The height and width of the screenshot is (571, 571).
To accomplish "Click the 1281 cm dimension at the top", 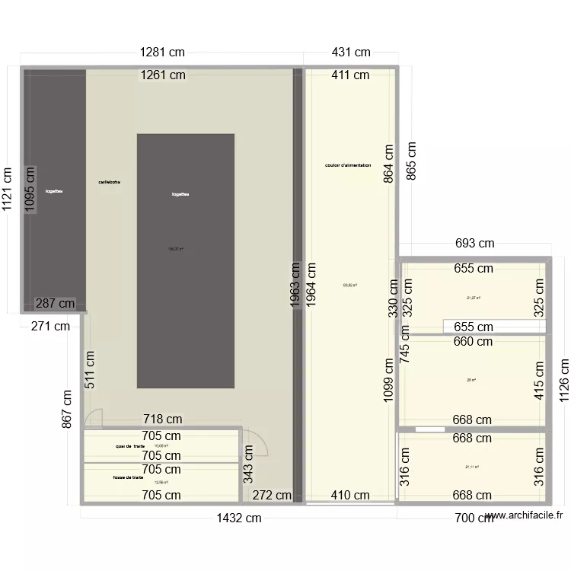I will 161,53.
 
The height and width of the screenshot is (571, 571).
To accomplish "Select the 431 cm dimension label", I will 351,53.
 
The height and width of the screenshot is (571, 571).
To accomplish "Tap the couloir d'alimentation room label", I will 348,165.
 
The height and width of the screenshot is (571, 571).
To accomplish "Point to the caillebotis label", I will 109,182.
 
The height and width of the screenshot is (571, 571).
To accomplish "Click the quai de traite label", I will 130,446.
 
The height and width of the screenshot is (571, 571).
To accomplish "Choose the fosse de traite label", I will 127,477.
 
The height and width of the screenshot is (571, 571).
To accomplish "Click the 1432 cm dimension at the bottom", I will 238,518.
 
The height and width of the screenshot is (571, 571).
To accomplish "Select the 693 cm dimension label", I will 474,244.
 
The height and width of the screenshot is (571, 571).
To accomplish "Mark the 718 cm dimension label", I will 163,419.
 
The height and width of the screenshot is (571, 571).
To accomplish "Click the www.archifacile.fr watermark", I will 525,515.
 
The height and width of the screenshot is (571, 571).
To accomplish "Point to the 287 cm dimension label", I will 56,304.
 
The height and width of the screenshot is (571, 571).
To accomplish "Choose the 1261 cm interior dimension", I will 162,75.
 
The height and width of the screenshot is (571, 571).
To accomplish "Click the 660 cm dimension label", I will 474,342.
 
